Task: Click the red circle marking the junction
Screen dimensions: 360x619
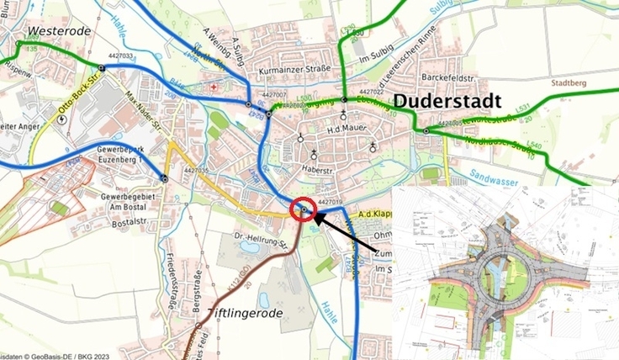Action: (x=302, y=210)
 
